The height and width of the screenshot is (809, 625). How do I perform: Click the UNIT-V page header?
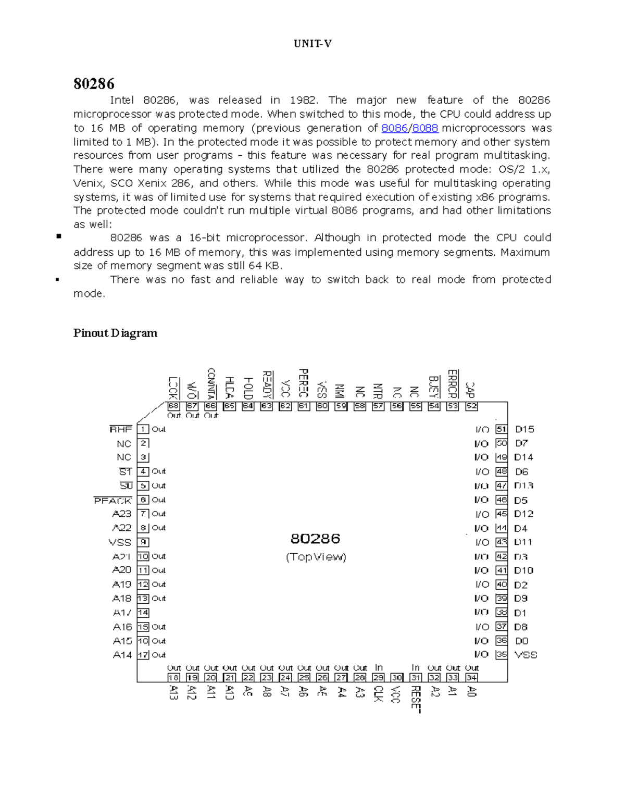point(312,44)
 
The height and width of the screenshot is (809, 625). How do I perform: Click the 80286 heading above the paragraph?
point(94,84)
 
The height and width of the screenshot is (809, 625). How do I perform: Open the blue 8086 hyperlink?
point(394,128)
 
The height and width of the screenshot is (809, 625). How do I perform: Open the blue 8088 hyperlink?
point(425,128)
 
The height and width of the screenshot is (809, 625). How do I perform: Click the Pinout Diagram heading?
point(115,333)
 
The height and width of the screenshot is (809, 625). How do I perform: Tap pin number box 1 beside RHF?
point(143,429)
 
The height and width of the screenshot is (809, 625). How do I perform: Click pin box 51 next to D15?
point(501,429)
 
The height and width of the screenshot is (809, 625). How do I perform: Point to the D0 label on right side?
point(521,641)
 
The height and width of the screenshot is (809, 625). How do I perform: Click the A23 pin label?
point(122,514)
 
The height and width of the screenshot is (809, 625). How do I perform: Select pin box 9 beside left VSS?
point(143,542)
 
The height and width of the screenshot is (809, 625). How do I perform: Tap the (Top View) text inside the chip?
point(316,557)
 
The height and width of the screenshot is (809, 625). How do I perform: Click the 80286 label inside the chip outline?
point(315,538)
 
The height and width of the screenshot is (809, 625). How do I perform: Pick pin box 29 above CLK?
point(378,678)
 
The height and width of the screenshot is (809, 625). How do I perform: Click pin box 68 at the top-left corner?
point(173,406)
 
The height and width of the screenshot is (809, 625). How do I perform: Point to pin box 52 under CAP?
point(471,406)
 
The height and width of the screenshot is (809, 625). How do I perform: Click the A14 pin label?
point(122,655)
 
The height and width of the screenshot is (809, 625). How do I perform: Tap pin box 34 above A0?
point(471,678)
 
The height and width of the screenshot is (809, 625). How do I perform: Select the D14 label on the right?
point(523,457)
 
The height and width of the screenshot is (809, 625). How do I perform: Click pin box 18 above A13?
point(173,678)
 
